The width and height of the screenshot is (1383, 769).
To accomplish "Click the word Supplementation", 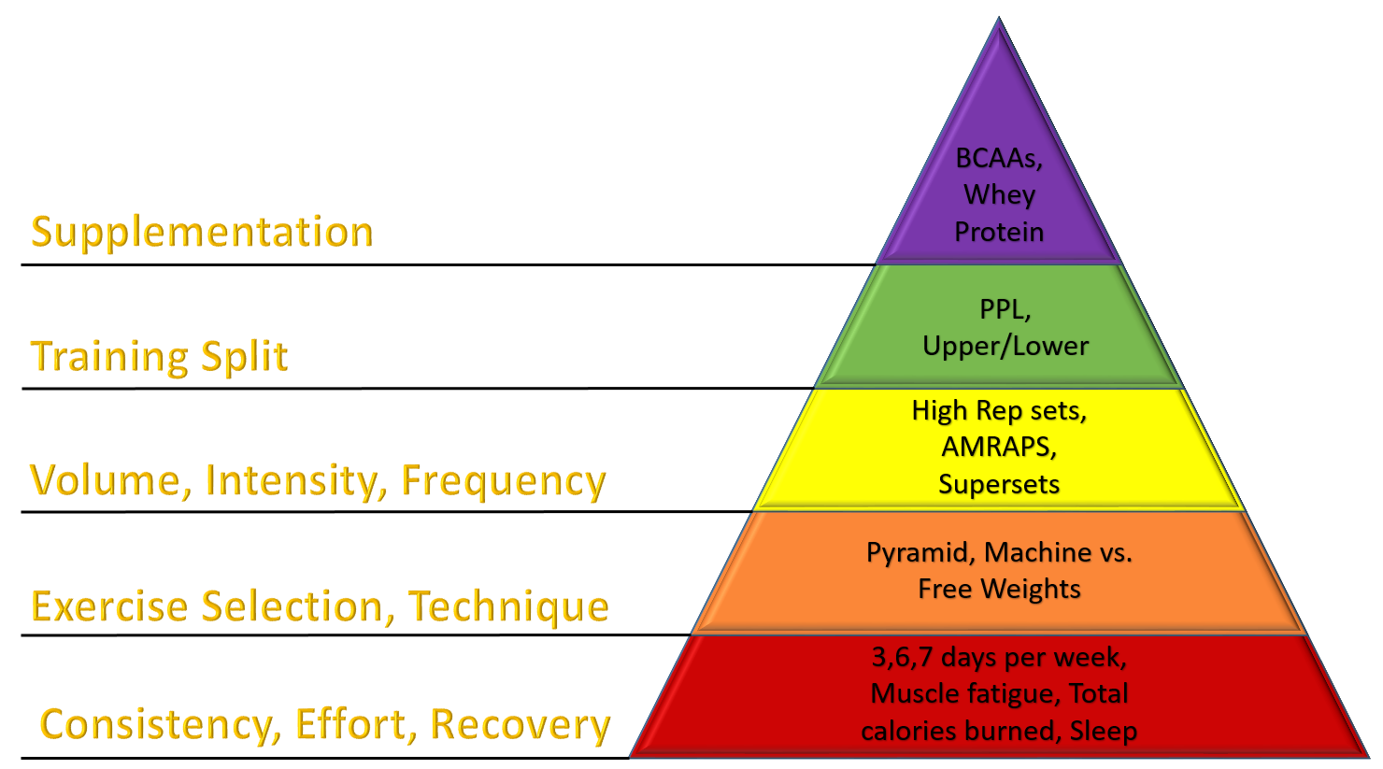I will tap(202, 233).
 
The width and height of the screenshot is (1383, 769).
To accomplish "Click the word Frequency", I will tap(504, 482).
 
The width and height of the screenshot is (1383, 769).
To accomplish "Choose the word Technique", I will tap(508, 607).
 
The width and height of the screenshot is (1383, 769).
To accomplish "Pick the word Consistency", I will tap(160, 725).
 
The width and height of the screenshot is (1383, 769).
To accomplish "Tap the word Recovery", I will tap(520, 725).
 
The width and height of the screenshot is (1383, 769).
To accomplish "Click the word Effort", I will tap(355, 725).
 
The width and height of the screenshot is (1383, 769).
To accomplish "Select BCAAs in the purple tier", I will tap(998, 158).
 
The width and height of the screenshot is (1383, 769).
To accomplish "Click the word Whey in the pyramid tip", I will tap(999, 194).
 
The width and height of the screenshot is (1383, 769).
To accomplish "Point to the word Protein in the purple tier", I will tap(999, 232).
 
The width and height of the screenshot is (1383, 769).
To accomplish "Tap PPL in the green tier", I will tap(1004, 309).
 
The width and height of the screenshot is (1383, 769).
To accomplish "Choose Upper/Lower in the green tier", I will tap(1005, 346).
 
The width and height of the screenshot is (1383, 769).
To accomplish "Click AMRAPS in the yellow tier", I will tap(998, 447).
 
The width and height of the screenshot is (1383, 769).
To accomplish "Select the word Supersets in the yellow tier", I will tap(999, 484).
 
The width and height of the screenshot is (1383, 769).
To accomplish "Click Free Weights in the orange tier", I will tap(999, 589).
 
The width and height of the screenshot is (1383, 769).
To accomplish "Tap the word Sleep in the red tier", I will tap(1104, 731).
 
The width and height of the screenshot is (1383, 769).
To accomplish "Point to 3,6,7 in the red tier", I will tap(902, 657).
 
